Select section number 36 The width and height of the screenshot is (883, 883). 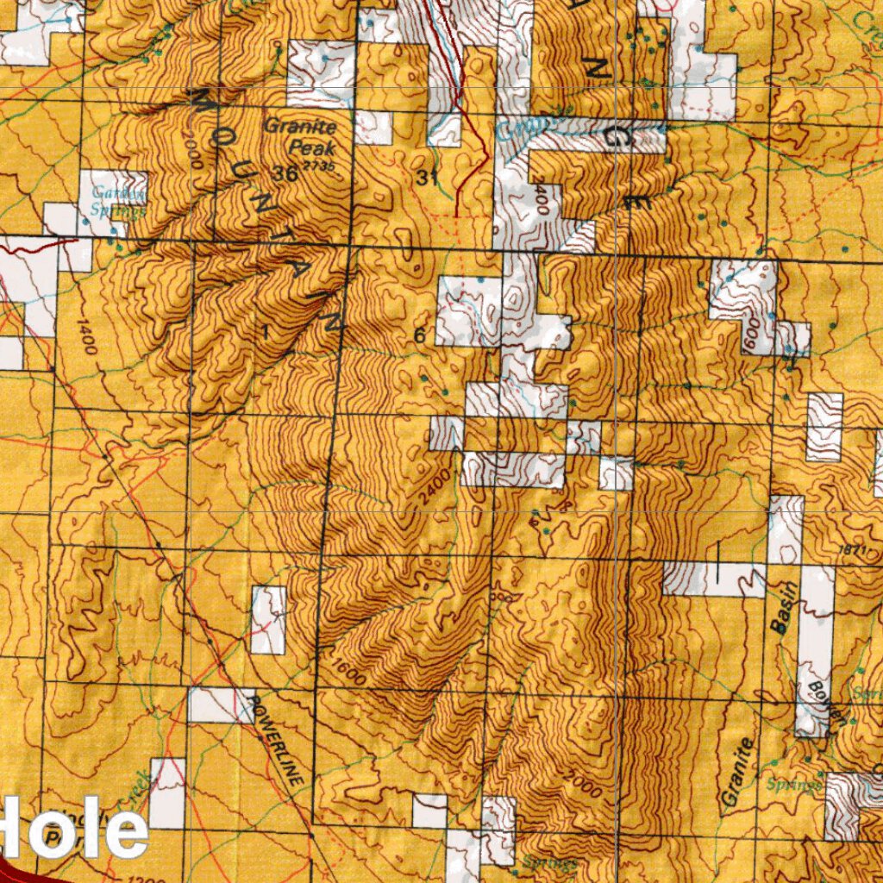(x=284, y=172)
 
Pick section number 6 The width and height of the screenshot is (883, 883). (x=420, y=335)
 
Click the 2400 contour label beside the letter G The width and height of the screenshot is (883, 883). (x=541, y=199)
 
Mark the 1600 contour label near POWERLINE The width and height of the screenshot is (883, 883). (x=347, y=672)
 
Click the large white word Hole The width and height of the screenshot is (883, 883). (x=73, y=830)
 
